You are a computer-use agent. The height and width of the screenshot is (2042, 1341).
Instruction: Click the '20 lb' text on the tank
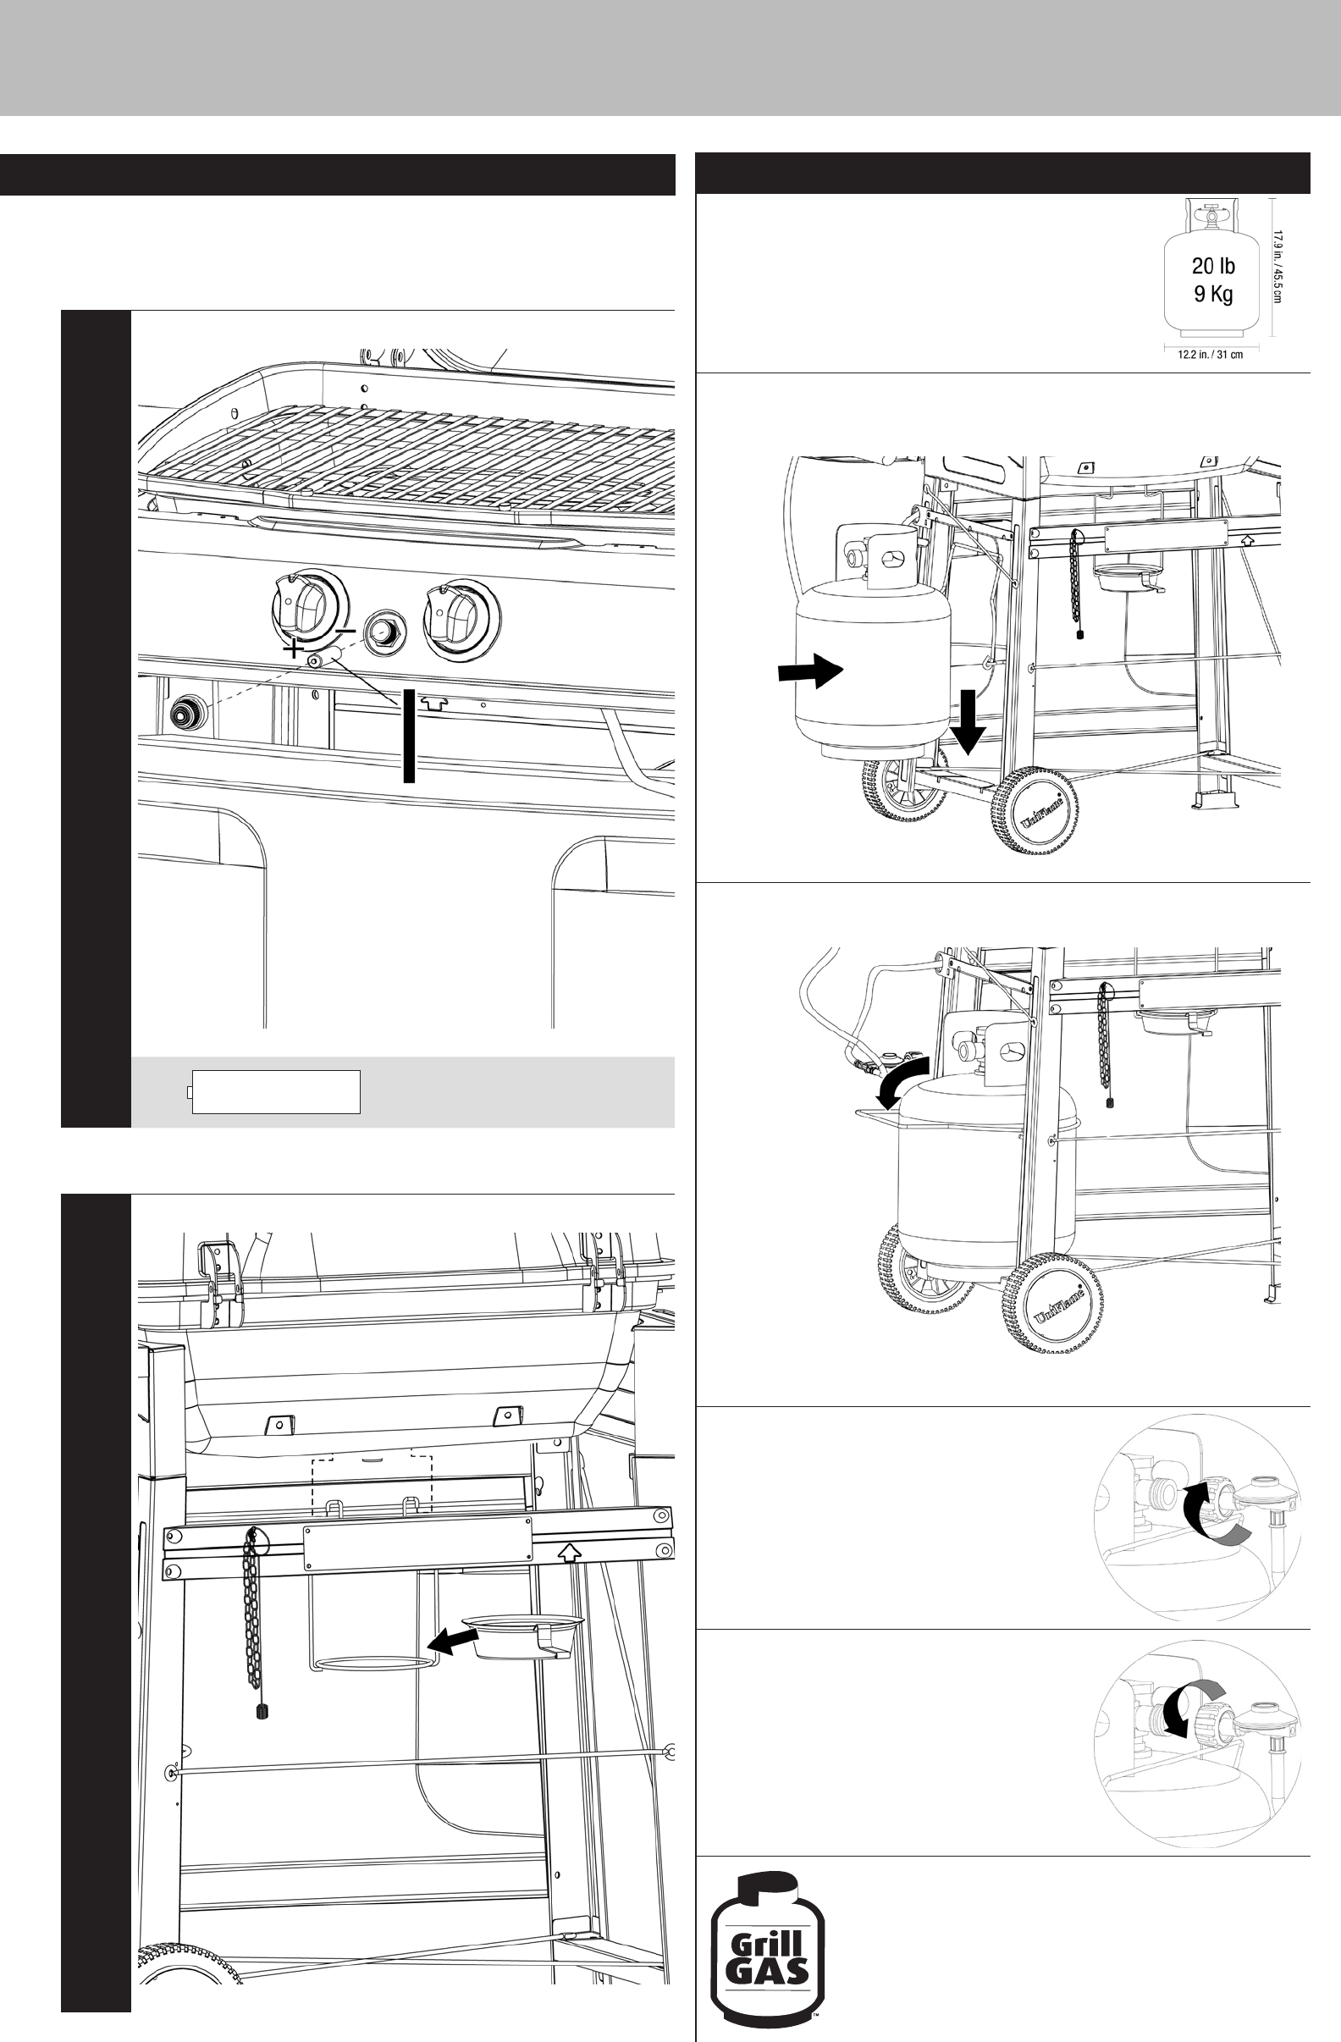pos(1213,266)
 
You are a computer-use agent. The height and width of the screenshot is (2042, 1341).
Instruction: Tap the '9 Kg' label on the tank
pos(1213,295)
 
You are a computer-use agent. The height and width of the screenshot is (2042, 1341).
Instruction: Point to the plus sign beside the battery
pos(294,649)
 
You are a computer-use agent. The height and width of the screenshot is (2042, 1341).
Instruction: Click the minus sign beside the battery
pos(345,632)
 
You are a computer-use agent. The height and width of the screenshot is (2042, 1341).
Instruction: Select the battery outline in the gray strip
pos(274,1091)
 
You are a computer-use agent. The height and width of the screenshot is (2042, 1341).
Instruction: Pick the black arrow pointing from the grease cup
pos(453,1642)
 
